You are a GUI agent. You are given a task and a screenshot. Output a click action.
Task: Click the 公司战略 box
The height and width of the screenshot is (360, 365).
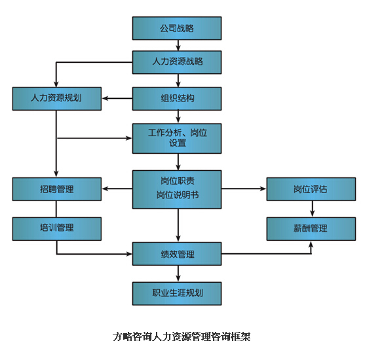pyautogui.click(x=177, y=28)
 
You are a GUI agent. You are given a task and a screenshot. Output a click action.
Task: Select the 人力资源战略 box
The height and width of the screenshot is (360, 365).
pyautogui.click(x=177, y=62)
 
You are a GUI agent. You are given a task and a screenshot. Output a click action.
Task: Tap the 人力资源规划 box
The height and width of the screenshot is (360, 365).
pyautogui.click(x=57, y=99)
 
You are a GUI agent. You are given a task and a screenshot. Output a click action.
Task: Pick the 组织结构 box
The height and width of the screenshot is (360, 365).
pyautogui.click(x=177, y=99)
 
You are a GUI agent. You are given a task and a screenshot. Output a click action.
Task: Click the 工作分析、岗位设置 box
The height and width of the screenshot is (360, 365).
pyautogui.click(x=177, y=138)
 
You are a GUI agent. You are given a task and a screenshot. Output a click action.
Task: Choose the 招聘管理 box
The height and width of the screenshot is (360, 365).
pyautogui.click(x=57, y=189)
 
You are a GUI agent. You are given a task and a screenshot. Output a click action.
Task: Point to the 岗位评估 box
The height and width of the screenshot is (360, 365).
pyautogui.click(x=311, y=189)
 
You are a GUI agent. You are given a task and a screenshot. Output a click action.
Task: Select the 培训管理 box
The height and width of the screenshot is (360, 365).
pyautogui.click(x=57, y=229)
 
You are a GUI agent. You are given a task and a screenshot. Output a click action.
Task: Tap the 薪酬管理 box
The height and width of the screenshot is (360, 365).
pyautogui.click(x=311, y=229)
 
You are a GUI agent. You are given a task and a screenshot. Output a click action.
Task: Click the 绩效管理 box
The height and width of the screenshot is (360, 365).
pyautogui.click(x=177, y=254)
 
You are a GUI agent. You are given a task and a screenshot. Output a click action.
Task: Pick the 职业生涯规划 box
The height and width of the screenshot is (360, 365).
pyautogui.click(x=177, y=293)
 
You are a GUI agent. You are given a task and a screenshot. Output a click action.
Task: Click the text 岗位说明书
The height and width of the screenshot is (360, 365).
pyautogui.click(x=178, y=195)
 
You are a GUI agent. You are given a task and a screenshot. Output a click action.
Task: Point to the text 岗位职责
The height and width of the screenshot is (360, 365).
pyautogui.click(x=178, y=181)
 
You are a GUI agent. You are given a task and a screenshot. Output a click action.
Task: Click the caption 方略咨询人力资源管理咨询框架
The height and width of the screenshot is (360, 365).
pyautogui.click(x=182, y=336)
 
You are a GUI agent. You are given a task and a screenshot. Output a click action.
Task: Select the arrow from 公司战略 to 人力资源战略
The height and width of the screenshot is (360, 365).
pyautogui.click(x=178, y=45)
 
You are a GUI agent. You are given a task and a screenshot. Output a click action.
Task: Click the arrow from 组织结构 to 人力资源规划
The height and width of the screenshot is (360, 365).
pyautogui.click(x=117, y=98)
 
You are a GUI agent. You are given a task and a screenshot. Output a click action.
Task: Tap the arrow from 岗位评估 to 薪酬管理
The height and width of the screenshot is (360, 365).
pyautogui.click(x=313, y=209)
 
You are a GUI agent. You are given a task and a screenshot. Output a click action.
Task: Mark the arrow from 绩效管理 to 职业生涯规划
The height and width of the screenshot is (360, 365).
pyautogui.click(x=178, y=274)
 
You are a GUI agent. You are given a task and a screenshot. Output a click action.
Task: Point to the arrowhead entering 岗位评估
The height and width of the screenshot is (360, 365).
pyautogui.click(x=263, y=189)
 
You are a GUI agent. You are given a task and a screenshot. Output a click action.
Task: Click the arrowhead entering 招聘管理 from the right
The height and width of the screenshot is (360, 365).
pyautogui.click(x=105, y=189)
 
